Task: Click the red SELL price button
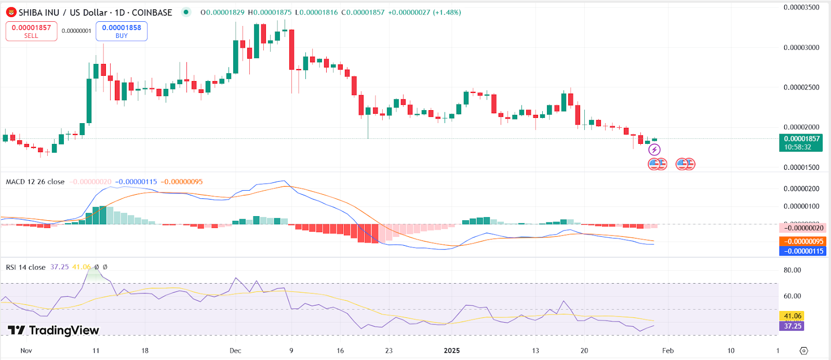pos(31,31)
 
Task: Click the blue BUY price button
pos(122,31)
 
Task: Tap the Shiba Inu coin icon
pos(11,12)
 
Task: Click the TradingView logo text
pos(53,330)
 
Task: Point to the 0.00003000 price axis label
pos(801,47)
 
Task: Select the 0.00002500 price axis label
pos(801,87)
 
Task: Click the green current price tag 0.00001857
pos(801,139)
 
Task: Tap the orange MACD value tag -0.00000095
pos(802,241)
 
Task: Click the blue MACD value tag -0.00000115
pos(802,251)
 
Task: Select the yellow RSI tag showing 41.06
pos(792,316)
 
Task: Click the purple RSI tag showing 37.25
pos(792,326)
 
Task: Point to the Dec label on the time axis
pos(235,351)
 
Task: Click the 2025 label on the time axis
pos(452,351)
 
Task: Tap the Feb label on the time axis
pos(668,351)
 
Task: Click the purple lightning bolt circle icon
pos(654,150)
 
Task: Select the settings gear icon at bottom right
pos(803,351)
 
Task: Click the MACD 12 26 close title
pos(35,182)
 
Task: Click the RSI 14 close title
pos(25,267)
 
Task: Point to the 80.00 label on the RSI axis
pos(792,270)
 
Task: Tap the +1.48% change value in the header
pos(447,12)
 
